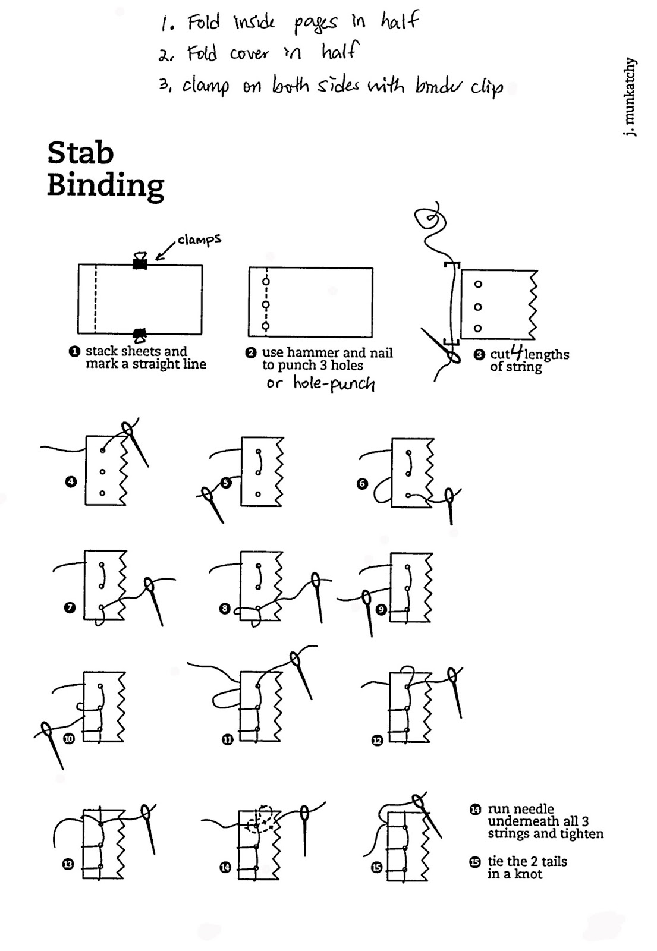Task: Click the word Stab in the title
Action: point(80,153)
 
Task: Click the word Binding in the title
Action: point(105,185)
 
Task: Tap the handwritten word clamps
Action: point(199,240)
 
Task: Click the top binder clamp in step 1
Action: point(140,262)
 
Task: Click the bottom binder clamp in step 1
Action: point(140,335)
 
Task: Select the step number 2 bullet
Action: point(251,353)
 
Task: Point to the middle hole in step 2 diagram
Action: point(266,304)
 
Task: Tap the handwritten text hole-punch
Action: point(334,383)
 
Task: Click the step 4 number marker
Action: point(71,481)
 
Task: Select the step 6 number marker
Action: point(362,484)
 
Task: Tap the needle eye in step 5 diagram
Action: point(206,494)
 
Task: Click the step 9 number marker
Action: point(381,609)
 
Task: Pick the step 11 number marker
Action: point(227,740)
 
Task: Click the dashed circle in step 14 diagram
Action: point(262,820)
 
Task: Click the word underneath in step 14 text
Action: point(517,821)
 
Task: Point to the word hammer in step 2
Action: point(321,353)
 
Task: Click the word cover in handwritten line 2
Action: point(249,54)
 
